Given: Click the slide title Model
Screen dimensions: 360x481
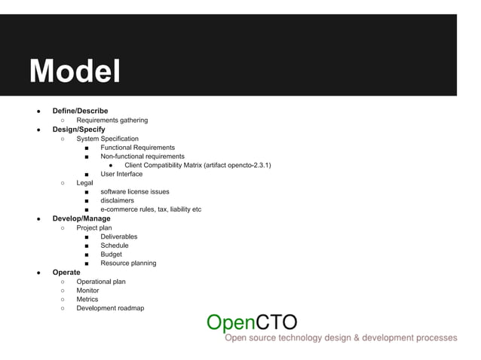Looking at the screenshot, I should click(75, 72).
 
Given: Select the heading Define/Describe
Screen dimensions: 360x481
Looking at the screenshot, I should click(80, 111).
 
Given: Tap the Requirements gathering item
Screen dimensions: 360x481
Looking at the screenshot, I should click(112, 121).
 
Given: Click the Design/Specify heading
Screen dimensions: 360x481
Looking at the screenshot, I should click(78, 130).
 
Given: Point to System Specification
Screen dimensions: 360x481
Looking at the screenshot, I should click(107, 139).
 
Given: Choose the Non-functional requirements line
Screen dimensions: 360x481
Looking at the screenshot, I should click(142, 156).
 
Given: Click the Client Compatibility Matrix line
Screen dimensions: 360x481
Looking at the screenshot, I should click(198, 165).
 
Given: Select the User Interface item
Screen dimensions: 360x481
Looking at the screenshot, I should click(121, 174).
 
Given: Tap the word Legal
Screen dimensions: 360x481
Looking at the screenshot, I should click(85, 183).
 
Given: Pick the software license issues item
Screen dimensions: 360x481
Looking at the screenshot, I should click(135, 191).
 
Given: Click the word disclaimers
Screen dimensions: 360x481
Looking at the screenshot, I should click(117, 200).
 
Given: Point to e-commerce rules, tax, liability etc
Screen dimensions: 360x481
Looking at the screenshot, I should click(151, 209).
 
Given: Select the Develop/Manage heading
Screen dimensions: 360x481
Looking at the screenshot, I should click(81, 218).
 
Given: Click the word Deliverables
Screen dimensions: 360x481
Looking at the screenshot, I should click(118, 236).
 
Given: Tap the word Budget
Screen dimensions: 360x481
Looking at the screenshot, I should click(111, 254).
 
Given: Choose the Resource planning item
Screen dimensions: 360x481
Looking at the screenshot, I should click(128, 263).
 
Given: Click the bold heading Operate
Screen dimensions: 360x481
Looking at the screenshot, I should click(66, 272).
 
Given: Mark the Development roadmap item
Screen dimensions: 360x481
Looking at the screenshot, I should click(110, 307).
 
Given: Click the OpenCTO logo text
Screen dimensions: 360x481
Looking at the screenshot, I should click(252, 322).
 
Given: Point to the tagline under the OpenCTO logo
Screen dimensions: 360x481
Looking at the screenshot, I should click(341, 338).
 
